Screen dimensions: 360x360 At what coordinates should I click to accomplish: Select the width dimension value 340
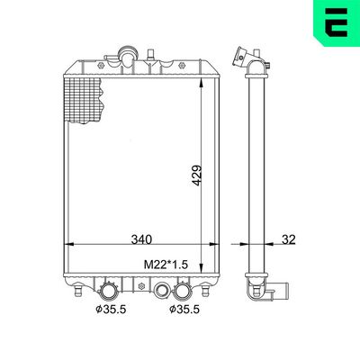(x=140, y=240)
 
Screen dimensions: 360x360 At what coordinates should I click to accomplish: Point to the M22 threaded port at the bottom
(x=163, y=290)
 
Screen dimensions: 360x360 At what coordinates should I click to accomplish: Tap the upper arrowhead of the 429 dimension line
(x=199, y=80)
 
